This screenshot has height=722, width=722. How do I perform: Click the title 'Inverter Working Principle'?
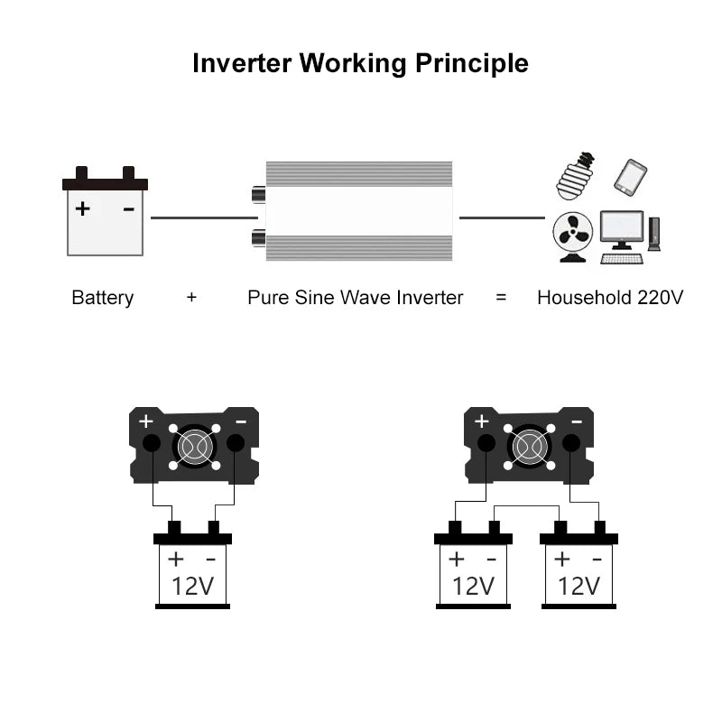point(360,64)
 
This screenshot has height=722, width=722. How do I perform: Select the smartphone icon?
point(630,177)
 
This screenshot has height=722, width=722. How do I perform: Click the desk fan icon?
point(572,237)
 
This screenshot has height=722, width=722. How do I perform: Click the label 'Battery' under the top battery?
point(102,298)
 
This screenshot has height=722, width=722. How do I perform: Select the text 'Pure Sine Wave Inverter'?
point(355,298)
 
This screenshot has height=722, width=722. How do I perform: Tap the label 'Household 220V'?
point(609,298)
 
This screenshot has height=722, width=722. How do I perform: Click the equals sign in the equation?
point(501,298)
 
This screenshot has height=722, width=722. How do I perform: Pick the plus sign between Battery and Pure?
point(191,298)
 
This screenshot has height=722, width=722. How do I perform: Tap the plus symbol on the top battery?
point(82,209)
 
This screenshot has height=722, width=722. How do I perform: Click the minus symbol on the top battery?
point(128,209)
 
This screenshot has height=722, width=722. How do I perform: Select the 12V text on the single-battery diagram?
point(192,587)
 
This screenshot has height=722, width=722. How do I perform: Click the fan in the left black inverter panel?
point(194,445)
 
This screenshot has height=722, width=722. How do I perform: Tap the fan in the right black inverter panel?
point(529,445)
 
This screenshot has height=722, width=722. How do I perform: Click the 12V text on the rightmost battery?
point(579,587)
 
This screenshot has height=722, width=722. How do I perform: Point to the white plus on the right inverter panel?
point(481,421)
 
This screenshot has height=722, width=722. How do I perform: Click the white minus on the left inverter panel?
point(241,421)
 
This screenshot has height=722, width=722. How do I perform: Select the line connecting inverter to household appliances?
point(502,218)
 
